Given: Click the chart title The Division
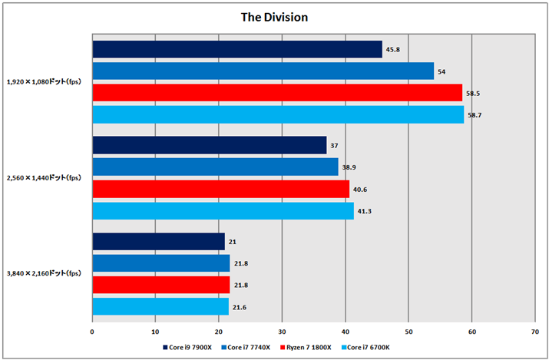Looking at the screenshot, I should point(274,15).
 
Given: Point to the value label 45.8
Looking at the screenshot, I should point(394,50).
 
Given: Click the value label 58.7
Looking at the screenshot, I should point(475,114).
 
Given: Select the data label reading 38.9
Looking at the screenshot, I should point(349,167).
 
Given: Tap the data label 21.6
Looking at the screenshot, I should point(240,307).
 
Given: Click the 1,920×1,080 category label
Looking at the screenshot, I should point(45,81).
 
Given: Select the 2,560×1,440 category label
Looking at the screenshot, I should point(45,177).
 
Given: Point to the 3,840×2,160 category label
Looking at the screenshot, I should point(45,273).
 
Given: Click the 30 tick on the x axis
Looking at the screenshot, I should point(282,332).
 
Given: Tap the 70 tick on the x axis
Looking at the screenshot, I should point(534,332).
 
